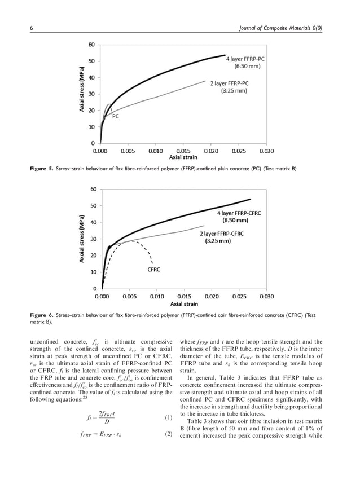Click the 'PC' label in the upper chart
point(115,116)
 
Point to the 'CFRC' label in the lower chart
point(153,270)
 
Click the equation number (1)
point(168,418)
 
